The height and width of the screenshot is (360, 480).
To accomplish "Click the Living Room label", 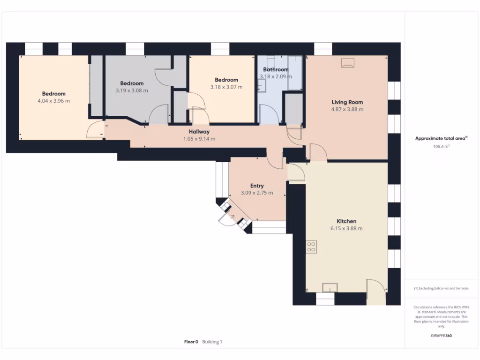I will click(347, 102).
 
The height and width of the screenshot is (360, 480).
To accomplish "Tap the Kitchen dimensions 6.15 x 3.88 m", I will click(346, 229).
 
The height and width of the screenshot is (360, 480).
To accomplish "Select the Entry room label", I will click(256, 186).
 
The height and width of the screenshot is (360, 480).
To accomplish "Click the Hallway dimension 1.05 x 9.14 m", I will click(199, 139).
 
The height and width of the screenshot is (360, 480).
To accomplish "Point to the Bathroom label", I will click(276, 70).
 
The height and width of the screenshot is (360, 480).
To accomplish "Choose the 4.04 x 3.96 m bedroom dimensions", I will click(53, 101).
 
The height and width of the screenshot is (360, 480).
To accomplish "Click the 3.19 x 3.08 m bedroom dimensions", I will click(132, 90).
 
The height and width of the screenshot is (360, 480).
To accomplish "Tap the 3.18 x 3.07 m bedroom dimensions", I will click(226, 87).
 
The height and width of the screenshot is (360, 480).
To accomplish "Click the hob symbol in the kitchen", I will click(311, 247).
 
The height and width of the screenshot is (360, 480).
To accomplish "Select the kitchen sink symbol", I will click(330, 287).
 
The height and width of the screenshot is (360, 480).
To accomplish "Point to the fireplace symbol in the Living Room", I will click(348, 63).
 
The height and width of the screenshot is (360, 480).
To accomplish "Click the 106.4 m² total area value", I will click(441, 147).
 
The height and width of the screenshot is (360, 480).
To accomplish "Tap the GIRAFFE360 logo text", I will click(441, 336).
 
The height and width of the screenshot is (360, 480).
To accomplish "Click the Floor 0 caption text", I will click(191, 342).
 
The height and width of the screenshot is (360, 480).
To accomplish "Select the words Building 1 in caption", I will click(212, 342).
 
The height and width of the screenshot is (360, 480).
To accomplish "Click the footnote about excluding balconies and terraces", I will click(441, 288).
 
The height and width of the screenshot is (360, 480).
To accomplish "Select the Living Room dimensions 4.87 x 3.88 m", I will click(347, 109).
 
